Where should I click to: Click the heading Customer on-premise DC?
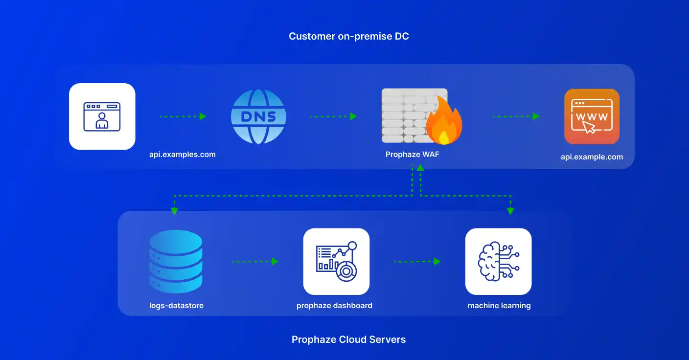tap(348, 36)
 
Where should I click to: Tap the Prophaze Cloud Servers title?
tap(348, 339)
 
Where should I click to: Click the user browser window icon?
tap(102, 116)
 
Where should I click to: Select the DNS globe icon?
tap(258, 116)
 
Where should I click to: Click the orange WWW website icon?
tap(592, 116)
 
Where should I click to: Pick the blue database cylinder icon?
tap(176, 261)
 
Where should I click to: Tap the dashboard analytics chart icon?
tap(336, 261)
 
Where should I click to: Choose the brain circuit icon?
tap(498, 261)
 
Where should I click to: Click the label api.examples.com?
tap(183, 155)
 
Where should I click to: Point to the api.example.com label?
tap(592, 157)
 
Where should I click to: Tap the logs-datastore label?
tap(176, 306)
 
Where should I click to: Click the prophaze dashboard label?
tap(334, 306)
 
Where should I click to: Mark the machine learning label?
tap(499, 306)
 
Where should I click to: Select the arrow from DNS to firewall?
tap(333, 116)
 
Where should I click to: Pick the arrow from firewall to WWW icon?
tap(516, 116)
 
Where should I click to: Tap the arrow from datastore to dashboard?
tap(255, 261)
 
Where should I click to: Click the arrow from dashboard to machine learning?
tap(417, 261)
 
